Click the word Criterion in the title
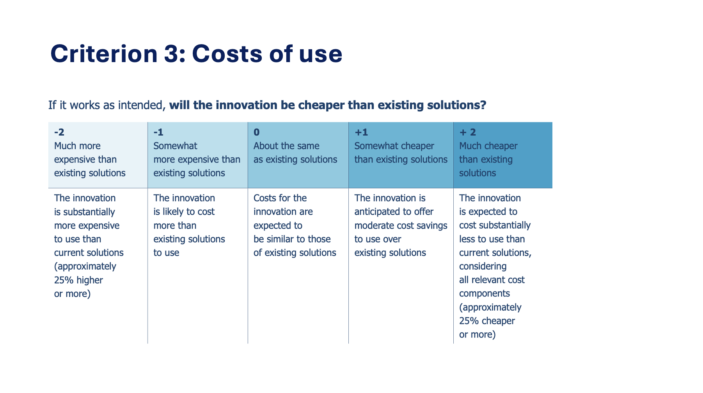pyautogui.click(x=104, y=54)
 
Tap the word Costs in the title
pyautogui.click(x=227, y=54)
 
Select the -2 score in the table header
pyautogui.click(x=59, y=132)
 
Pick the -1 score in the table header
pyautogui.click(x=158, y=132)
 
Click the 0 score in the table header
pyautogui.click(x=256, y=132)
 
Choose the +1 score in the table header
pyautogui.click(x=361, y=132)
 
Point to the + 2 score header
pyautogui.click(x=467, y=132)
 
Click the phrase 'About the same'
pyautogui.click(x=286, y=146)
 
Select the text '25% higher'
pyautogui.click(x=78, y=280)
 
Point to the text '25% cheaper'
pyautogui.click(x=487, y=321)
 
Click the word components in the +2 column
pyautogui.click(x=485, y=294)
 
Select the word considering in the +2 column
pyautogui.click(x=483, y=266)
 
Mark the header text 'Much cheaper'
pyautogui.click(x=488, y=146)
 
